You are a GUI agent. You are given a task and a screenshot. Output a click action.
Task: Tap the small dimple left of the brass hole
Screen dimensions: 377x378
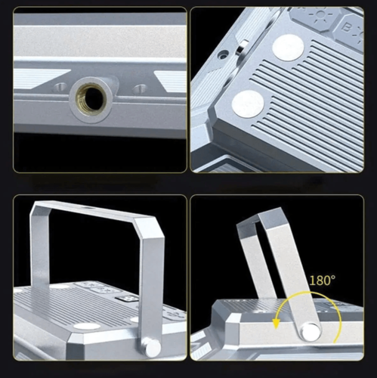click(x=60, y=87)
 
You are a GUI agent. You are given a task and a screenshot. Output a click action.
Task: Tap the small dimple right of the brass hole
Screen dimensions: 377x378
click(x=139, y=88)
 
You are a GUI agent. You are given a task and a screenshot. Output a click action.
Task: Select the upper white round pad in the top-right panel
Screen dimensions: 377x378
click(x=288, y=48)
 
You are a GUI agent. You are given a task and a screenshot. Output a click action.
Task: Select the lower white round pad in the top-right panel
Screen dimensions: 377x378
click(x=248, y=104)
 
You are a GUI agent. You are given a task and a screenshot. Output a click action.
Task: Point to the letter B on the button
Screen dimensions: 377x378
click(x=347, y=28)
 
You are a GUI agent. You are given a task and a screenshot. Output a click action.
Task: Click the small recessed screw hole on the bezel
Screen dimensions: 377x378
click(x=224, y=54)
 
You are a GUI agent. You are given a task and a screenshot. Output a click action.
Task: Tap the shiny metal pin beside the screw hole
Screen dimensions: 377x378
click(x=242, y=48)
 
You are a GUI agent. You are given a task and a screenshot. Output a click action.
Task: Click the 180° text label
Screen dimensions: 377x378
click(x=323, y=280)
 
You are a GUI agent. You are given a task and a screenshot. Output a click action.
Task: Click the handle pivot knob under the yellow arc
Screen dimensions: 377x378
click(x=311, y=332)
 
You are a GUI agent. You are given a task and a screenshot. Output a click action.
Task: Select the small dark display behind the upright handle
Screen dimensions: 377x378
click(x=127, y=299)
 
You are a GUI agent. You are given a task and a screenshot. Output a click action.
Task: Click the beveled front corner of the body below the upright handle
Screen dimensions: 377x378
click(x=76, y=345)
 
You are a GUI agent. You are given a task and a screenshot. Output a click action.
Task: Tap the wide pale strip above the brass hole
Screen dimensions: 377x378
click(x=100, y=41)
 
